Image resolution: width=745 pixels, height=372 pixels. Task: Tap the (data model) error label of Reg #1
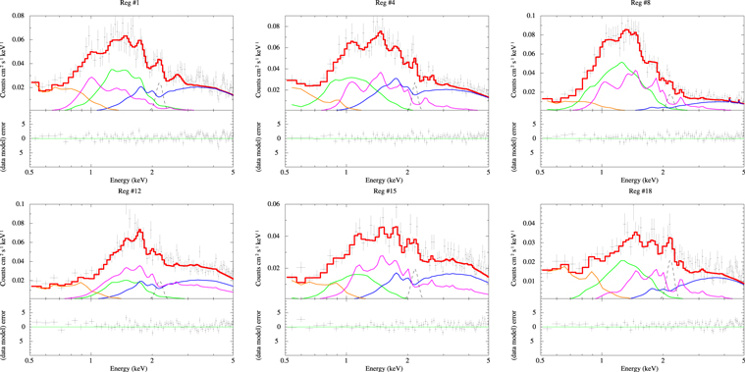pyautogui.click(x=7, y=138)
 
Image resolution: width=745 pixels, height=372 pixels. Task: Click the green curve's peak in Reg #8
pyautogui.click(x=619, y=63)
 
